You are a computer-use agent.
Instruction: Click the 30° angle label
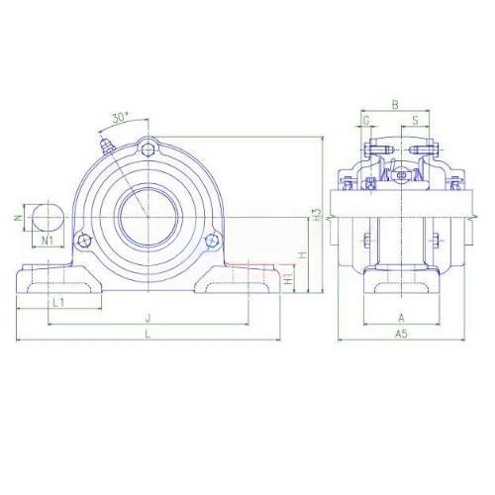[x=120, y=117]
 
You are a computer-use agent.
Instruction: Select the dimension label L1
[x=58, y=302]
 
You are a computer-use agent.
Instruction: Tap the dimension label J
[x=148, y=318]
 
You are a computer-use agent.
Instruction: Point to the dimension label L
[x=148, y=334]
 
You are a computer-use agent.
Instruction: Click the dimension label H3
[x=317, y=215]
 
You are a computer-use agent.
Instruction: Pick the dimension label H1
[x=288, y=279]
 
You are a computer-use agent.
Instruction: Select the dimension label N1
[x=48, y=241]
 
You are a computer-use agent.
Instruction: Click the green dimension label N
[x=19, y=218]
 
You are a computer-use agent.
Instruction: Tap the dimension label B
[x=395, y=105]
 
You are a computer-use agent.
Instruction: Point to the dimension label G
[x=366, y=121]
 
